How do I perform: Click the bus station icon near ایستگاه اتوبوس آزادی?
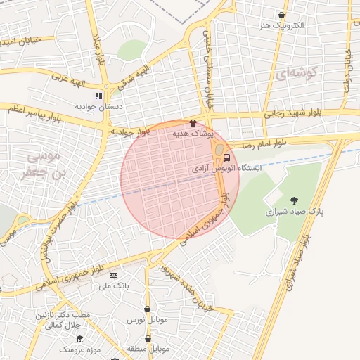226,157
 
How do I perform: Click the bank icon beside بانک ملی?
113,275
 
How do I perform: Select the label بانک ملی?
113,285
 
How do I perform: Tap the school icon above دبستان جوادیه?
99,96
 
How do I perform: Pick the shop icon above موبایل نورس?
147,309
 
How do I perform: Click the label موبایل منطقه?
146,349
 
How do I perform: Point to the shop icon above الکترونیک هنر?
281,15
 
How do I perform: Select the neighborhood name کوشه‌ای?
298,72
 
